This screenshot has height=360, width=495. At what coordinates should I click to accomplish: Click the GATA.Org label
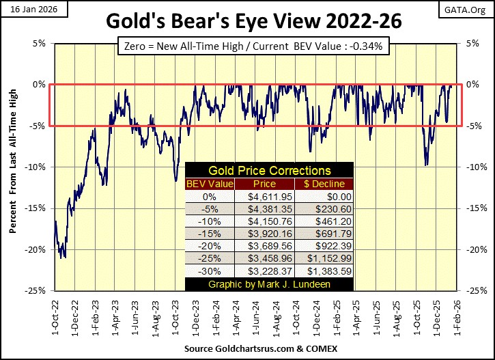pyautogui.click(x=470, y=8)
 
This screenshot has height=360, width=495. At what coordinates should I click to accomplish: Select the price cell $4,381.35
pyautogui.click(x=265, y=208)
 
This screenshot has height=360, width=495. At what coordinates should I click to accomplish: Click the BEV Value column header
pyautogui.click(x=210, y=184)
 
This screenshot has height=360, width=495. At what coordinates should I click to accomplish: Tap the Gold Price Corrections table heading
pyautogui.click(x=269, y=171)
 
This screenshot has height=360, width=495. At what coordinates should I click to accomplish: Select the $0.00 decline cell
pyautogui.click(x=324, y=196)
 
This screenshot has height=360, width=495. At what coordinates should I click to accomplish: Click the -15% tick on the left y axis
pyautogui.click(x=37, y=208)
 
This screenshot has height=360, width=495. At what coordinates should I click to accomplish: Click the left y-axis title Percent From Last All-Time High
pyautogui.click(x=13, y=166)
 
